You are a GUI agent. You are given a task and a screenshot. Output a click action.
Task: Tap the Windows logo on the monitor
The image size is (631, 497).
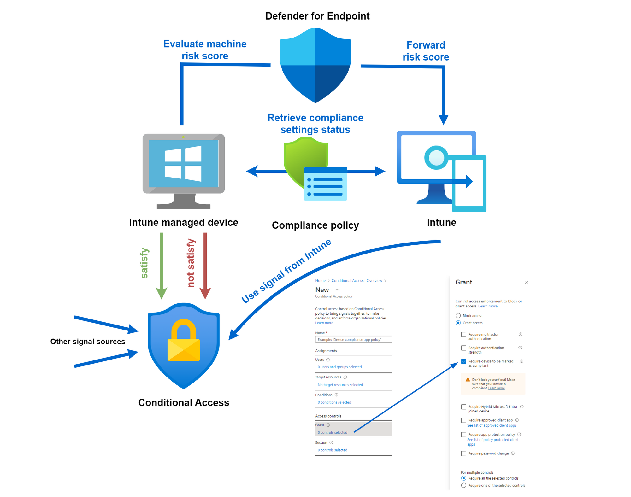pyautogui.click(x=183, y=163)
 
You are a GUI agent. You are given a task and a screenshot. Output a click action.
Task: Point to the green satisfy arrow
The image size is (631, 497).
pyautogui.click(x=162, y=265)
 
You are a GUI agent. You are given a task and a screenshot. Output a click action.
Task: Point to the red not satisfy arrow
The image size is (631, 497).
pyautogui.click(x=205, y=265)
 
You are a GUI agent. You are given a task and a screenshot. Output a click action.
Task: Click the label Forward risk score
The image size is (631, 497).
pyautogui.click(x=426, y=51)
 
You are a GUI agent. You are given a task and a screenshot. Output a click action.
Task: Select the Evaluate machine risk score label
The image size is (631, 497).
pyautogui.click(x=205, y=50)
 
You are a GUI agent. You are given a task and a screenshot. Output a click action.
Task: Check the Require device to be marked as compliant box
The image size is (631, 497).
pyautogui.click(x=463, y=361)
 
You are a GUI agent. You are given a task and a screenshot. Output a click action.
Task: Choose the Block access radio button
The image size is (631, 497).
pyautogui.click(x=458, y=316)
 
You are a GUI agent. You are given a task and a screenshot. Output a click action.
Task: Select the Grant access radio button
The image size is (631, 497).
pyautogui.click(x=458, y=323)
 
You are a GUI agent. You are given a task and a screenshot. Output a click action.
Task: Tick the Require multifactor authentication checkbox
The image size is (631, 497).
pyautogui.click(x=463, y=335)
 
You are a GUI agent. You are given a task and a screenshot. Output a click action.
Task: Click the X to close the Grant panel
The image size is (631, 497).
pyautogui.click(x=526, y=282)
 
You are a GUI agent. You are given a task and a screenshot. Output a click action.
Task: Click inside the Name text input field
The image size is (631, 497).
pyautogui.click(x=353, y=340)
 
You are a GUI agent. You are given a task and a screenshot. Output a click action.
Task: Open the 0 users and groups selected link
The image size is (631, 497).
pyautogui.click(x=339, y=367)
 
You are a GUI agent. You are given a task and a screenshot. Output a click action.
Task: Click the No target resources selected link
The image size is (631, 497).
pyautogui.click(x=340, y=385)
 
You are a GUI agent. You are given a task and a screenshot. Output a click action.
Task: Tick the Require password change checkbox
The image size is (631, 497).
pyautogui.click(x=463, y=453)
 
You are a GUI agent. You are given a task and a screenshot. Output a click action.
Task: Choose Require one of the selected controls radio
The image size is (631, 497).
pyautogui.click(x=463, y=485)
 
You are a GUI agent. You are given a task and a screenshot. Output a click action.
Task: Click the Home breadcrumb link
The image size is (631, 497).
pyautogui.click(x=320, y=281)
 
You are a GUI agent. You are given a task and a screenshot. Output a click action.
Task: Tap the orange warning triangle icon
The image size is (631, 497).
pyautogui.click(x=468, y=380)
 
